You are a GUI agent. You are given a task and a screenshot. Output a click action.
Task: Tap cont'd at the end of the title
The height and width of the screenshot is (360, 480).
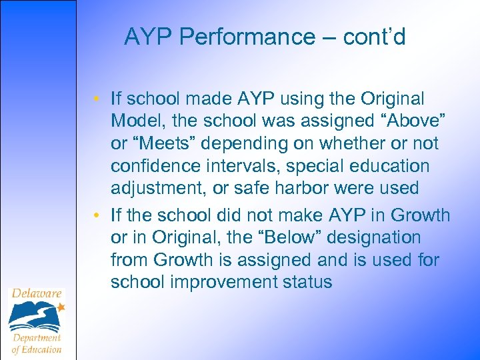click(374, 37)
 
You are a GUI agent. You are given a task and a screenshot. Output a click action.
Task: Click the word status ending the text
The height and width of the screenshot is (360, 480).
click(307, 282)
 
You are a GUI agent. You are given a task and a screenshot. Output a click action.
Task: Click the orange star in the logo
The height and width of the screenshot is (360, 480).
click(61, 307)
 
